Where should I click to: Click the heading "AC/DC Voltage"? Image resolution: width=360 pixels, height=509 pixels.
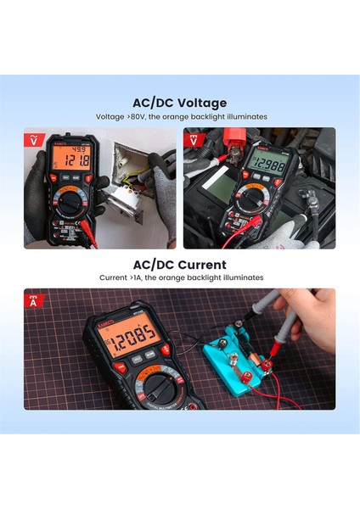pos(179,103)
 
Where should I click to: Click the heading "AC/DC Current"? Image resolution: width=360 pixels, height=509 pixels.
pos(179,264)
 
